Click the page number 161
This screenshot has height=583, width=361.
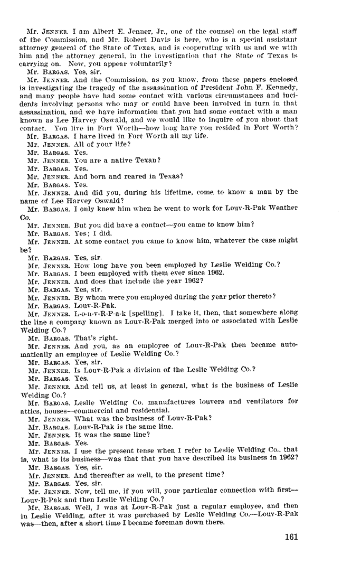(291, 537)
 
